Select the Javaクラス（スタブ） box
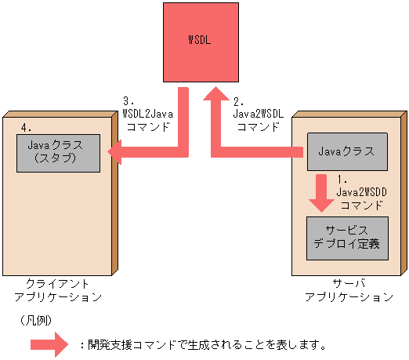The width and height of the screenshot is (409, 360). (60, 151)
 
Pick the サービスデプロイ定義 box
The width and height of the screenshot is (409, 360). (346, 236)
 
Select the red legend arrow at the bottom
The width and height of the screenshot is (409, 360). (50, 344)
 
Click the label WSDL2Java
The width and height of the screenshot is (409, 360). (148, 114)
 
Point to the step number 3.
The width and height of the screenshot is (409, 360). (130, 101)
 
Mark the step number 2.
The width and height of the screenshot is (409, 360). (240, 101)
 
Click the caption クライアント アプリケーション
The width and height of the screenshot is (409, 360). (57, 290)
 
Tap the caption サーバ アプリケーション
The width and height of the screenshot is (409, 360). (349, 290)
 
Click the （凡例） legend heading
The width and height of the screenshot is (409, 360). (34, 321)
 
